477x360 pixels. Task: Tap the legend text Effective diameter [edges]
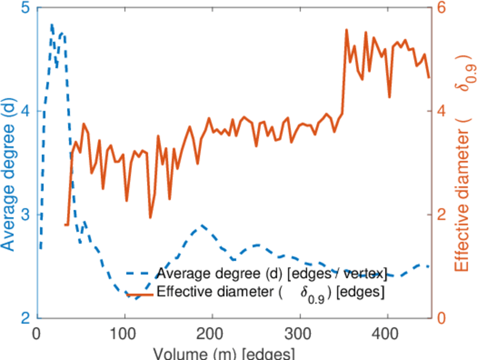pyautogui.click(x=270, y=293)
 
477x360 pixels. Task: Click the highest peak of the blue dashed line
pyautogui.click(x=52, y=25)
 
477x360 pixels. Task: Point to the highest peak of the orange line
pyautogui.click(x=346, y=29)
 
